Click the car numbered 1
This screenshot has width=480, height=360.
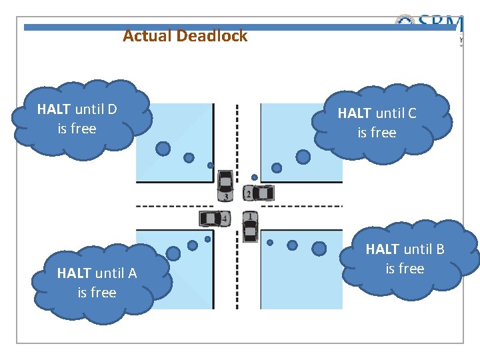(x=250, y=227)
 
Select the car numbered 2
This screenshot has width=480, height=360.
(x=259, y=193)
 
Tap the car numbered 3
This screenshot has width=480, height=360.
(x=226, y=185)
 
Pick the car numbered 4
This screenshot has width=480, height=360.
(x=214, y=218)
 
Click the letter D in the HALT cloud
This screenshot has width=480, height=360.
(x=112, y=109)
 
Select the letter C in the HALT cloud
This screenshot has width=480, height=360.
(x=411, y=113)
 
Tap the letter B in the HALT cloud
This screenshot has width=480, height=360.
(x=439, y=249)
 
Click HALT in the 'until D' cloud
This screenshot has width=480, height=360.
(x=54, y=109)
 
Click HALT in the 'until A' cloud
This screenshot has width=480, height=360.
(x=74, y=273)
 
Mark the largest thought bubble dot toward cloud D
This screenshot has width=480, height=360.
(x=163, y=149)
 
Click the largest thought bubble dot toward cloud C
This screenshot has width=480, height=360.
(x=303, y=157)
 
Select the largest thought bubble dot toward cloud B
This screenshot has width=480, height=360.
(x=319, y=248)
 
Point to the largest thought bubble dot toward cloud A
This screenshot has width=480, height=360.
(x=173, y=253)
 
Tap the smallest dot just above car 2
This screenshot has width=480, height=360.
(x=254, y=177)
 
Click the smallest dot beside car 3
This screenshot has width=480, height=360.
(x=210, y=165)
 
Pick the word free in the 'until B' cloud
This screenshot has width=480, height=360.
(x=405, y=269)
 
